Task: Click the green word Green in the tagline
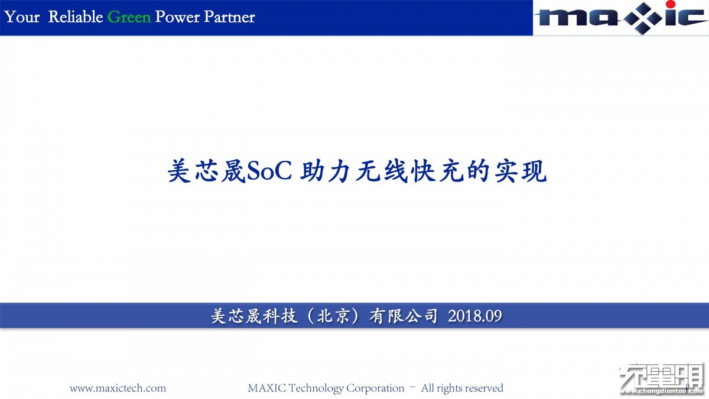tap(129, 17)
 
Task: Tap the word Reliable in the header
tap(76, 17)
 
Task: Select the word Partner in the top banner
tap(229, 17)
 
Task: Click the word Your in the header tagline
tap(22, 17)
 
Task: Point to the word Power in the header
tap(178, 17)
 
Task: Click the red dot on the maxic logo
tap(671, 4)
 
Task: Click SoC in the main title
tap(269, 171)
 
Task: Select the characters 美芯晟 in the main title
tap(207, 171)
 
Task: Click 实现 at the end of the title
tap(521, 171)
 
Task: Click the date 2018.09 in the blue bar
tap(475, 316)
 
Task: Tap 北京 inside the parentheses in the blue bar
tap(333, 316)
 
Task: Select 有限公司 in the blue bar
tap(403, 316)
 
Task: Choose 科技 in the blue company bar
tap(280, 316)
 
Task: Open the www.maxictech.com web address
tap(118, 388)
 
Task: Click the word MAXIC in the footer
tap(267, 388)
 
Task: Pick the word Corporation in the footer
tap(375, 388)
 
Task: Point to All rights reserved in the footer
tap(462, 388)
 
